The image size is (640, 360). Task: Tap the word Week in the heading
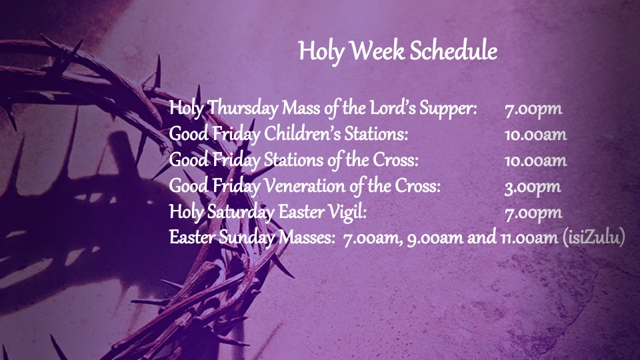377,51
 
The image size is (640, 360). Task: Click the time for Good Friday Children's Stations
535,135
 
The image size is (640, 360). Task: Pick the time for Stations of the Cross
535,161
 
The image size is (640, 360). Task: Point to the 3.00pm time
532,187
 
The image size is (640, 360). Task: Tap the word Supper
451,109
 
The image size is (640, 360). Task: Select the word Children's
303,135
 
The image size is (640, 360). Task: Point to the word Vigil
345,213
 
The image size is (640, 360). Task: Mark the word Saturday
235,213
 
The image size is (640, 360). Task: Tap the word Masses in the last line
307,239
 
